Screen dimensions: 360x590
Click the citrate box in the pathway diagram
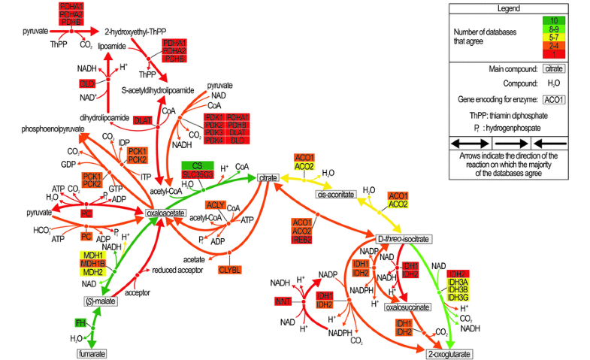pos(269,177)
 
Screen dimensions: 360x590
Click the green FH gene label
pos(80,322)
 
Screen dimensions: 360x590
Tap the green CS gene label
pos(197,165)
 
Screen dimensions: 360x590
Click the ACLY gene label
pos(216,204)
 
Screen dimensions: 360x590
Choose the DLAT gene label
pos(142,119)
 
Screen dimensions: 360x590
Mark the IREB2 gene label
pos(303,239)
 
